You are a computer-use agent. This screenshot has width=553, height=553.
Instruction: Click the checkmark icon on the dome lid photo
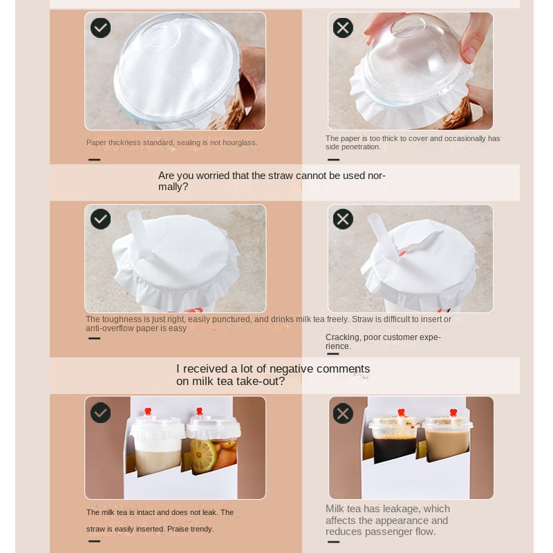click(x=100, y=28)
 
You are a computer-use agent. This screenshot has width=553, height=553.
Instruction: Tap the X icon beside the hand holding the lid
click(x=343, y=28)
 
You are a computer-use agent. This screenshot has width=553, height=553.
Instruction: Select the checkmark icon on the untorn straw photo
click(x=100, y=219)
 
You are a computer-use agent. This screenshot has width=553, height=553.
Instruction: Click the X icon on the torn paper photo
click(x=343, y=219)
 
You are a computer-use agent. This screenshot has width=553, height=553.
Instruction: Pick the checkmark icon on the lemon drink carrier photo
click(x=100, y=413)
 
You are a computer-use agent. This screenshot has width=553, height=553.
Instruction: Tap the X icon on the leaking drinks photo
click(x=343, y=413)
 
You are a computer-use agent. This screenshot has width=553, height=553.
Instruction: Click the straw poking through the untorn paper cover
click(x=139, y=234)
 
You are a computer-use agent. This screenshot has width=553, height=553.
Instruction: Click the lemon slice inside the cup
click(x=203, y=455)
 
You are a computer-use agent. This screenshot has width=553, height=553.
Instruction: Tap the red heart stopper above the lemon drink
click(x=199, y=411)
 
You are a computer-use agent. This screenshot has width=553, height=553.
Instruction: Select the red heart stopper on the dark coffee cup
click(x=401, y=413)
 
